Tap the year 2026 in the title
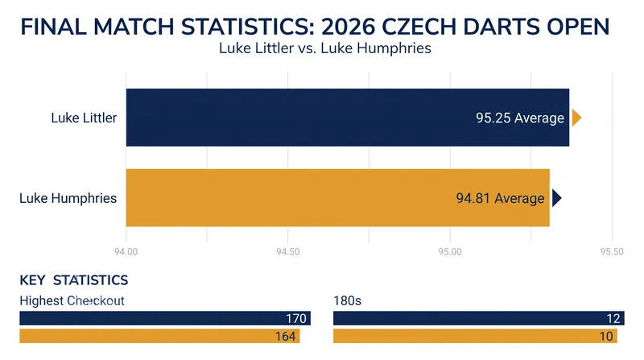pos(348,27)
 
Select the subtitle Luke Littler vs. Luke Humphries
pos(325,48)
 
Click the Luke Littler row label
pos(84,118)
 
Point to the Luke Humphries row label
pos(68,198)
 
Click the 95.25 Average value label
pos(520,118)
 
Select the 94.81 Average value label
pos(500,198)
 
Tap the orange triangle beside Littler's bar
pos(576,118)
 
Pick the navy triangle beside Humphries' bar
pos(556,198)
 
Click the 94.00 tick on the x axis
pos(126,251)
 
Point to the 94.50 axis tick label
pos(288,251)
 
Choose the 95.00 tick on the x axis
pos(450,251)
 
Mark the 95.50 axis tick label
pos(612,251)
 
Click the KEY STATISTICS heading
pos(74,280)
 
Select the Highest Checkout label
pos(72,301)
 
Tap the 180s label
pos(348,301)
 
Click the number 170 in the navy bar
pos(296,318)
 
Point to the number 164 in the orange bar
pos(286,336)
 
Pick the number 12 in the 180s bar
pos(613,318)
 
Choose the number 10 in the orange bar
pos(606,336)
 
